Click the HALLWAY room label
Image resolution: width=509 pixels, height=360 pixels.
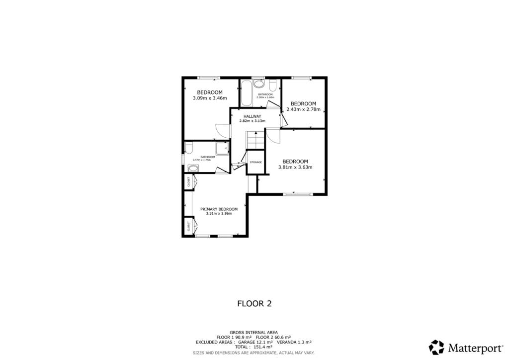point(252,116)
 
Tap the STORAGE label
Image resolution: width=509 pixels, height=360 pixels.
point(255,163)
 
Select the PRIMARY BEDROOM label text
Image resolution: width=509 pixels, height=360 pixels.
point(219,209)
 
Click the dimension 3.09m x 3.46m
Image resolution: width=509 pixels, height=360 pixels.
point(209,98)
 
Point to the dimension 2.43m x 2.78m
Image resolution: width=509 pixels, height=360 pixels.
point(303,109)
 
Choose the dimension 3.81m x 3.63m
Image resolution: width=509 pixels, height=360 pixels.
point(295,168)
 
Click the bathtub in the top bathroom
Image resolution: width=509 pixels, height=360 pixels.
point(246,94)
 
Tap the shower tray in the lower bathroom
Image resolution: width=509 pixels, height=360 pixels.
point(222,148)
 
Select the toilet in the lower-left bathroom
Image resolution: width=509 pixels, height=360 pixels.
point(188,147)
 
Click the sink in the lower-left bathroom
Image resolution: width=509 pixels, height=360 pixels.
point(192,168)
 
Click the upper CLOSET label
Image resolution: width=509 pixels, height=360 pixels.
point(189,182)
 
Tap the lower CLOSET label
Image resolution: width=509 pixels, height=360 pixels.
point(189,226)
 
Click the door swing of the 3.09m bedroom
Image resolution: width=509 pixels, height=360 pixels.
point(222,130)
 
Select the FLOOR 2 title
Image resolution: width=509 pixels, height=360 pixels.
point(254,303)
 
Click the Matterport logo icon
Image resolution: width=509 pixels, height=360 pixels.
point(436,347)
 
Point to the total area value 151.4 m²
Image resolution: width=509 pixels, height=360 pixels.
point(263,347)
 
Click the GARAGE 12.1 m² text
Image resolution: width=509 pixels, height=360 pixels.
point(256,342)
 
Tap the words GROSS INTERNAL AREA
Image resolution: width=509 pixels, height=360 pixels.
point(254,332)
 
